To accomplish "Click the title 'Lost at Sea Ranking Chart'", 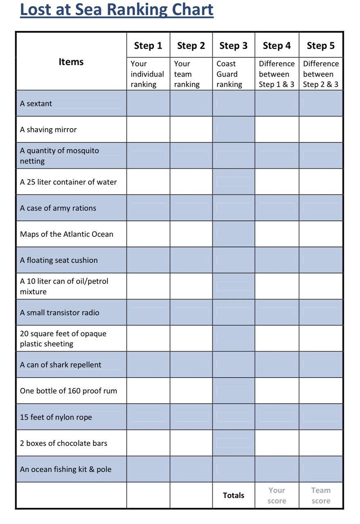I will pyautogui.click(x=117, y=10).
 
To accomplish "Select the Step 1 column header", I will pyautogui.click(x=148, y=45).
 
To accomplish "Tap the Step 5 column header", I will pyautogui.click(x=321, y=45).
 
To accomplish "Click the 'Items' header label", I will pyautogui.click(x=71, y=62).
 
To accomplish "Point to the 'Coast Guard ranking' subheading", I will pyautogui.click(x=229, y=74).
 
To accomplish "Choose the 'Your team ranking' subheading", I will pyautogui.click(x=187, y=74).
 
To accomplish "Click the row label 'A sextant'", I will pyautogui.click(x=36, y=104).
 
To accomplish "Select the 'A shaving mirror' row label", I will pyautogui.click(x=48, y=130).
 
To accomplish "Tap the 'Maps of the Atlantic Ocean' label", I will pyautogui.click(x=67, y=234).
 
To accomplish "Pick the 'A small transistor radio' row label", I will pyautogui.click(x=60, y=313).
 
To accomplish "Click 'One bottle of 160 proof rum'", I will pyautogui.click(x=68, y=391).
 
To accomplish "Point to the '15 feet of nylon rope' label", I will pyautogui.click(x=56, y=417).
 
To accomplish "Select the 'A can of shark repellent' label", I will pyautogui.click(x=61, y=365).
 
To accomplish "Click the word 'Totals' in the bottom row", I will pyautogui.click(x=233, y=495).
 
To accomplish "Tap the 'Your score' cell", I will pyautogui.click(x=277, y=495).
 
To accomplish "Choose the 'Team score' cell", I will pyautogui.click(x=321, y=495).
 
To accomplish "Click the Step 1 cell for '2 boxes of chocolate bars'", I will pyautogui.click(x=148, y=443).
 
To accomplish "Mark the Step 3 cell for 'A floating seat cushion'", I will pyautogui.click(x=233, y=260).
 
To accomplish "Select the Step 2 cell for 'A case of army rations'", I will pyautogui.click(x=191, y=208).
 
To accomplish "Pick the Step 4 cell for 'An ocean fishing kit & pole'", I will pyautogui.click(x=277, y=469).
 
